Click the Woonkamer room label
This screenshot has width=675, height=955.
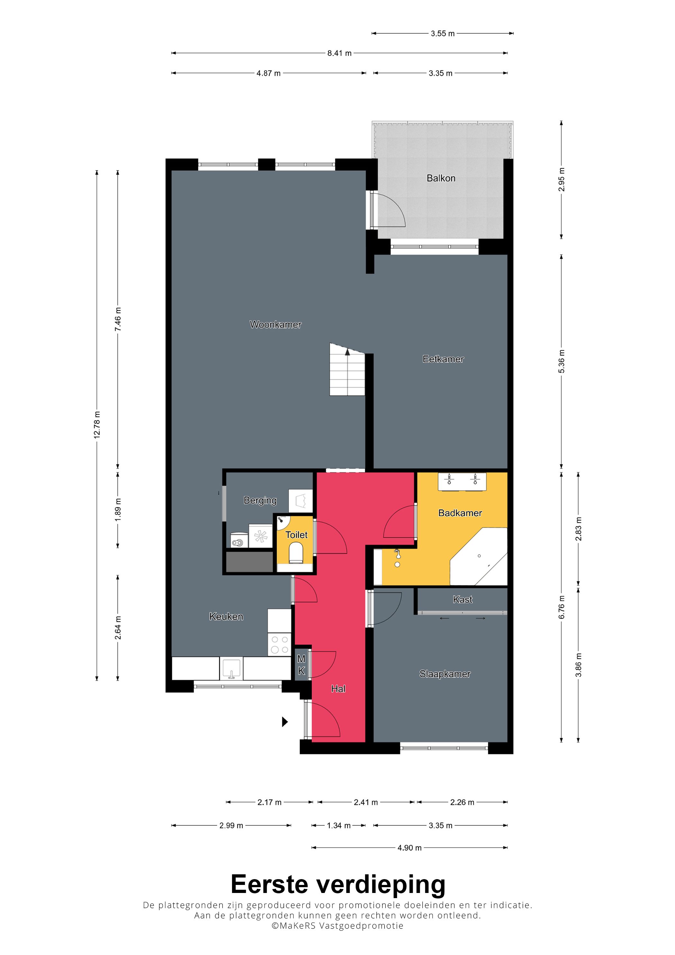(275, 324)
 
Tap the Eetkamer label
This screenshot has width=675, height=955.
(443, 359)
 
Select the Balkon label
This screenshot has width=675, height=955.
(441, 178)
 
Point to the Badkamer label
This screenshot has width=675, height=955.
(460, 513)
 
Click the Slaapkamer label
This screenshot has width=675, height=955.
(445, 674)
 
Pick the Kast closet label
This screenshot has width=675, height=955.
(463, 599)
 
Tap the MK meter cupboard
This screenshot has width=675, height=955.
(301, 665)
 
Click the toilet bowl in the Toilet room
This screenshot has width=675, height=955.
(296, 554)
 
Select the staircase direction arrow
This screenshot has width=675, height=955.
(347, 352)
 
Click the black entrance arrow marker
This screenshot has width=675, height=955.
(285, 722)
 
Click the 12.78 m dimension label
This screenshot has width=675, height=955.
(97, 425)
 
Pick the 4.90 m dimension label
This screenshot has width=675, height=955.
(409, 848)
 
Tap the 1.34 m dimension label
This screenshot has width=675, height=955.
(338, 825)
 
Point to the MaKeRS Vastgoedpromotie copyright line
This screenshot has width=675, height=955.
(337, 925)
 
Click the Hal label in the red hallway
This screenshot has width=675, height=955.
(338, 689)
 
